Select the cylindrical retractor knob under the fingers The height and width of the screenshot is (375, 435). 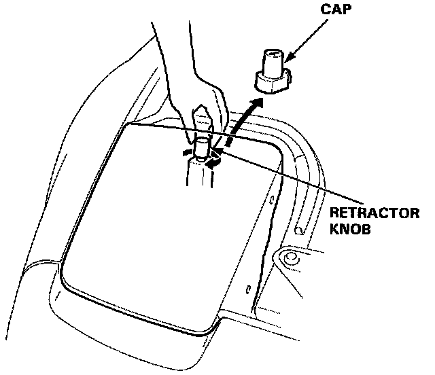(203, 148)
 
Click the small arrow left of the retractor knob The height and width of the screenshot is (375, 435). (186, 153)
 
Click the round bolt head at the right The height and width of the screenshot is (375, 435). (290, 259)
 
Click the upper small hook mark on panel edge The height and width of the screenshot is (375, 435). (271, 201)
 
